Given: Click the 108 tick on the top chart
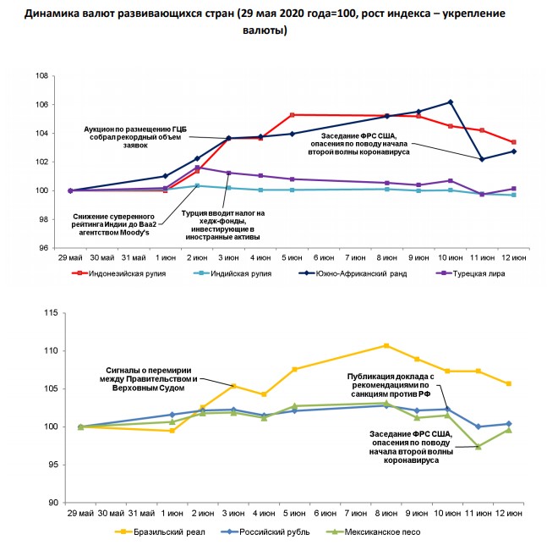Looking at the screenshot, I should click(x=39, y=76).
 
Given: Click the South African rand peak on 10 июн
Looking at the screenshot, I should click(x=451, y=102).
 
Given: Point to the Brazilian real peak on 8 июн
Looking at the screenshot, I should click(x=386, y=345).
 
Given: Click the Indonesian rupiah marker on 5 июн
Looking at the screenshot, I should click(x=292, y=115).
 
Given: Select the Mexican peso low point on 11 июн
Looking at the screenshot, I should click(x=479, y=447).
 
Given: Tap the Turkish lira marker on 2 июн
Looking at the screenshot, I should click(x=197, y=168).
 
